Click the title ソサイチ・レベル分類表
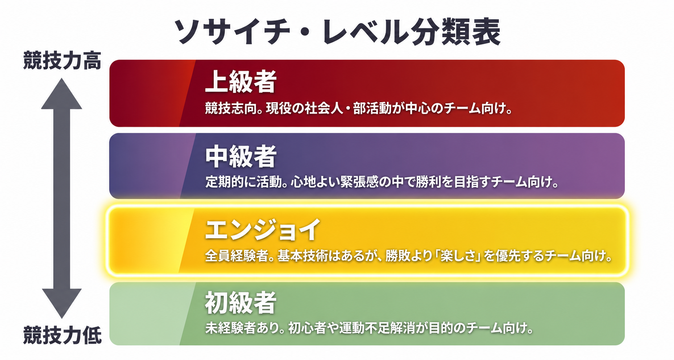337,31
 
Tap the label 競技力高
62,61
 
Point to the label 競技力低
62,335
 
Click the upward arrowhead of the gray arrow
62,94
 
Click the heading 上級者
241,81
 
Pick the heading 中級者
241,156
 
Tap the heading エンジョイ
263,230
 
